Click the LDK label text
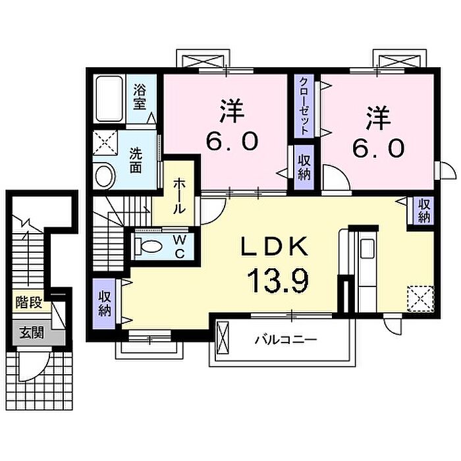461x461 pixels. pos(275,246)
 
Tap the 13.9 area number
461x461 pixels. pos(278,281)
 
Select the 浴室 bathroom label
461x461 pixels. pos(140,96)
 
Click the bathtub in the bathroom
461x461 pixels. pos(109,99)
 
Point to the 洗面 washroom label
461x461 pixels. pos(136,161)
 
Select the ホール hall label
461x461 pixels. pos(179,196)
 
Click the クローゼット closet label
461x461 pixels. pos(304,106)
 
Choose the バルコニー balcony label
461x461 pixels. pos(286,340)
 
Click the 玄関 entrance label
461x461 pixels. pos(32,333)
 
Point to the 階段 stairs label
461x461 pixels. pos(29,302)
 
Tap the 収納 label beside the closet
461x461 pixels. pos(304,167)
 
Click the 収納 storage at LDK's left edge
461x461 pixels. pos(104,303)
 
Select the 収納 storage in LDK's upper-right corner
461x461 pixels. pos(424,210)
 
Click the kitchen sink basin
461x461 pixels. pos(367,248)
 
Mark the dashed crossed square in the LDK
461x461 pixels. pos(420,298)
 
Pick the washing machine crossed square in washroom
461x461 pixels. pos(105,143)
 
